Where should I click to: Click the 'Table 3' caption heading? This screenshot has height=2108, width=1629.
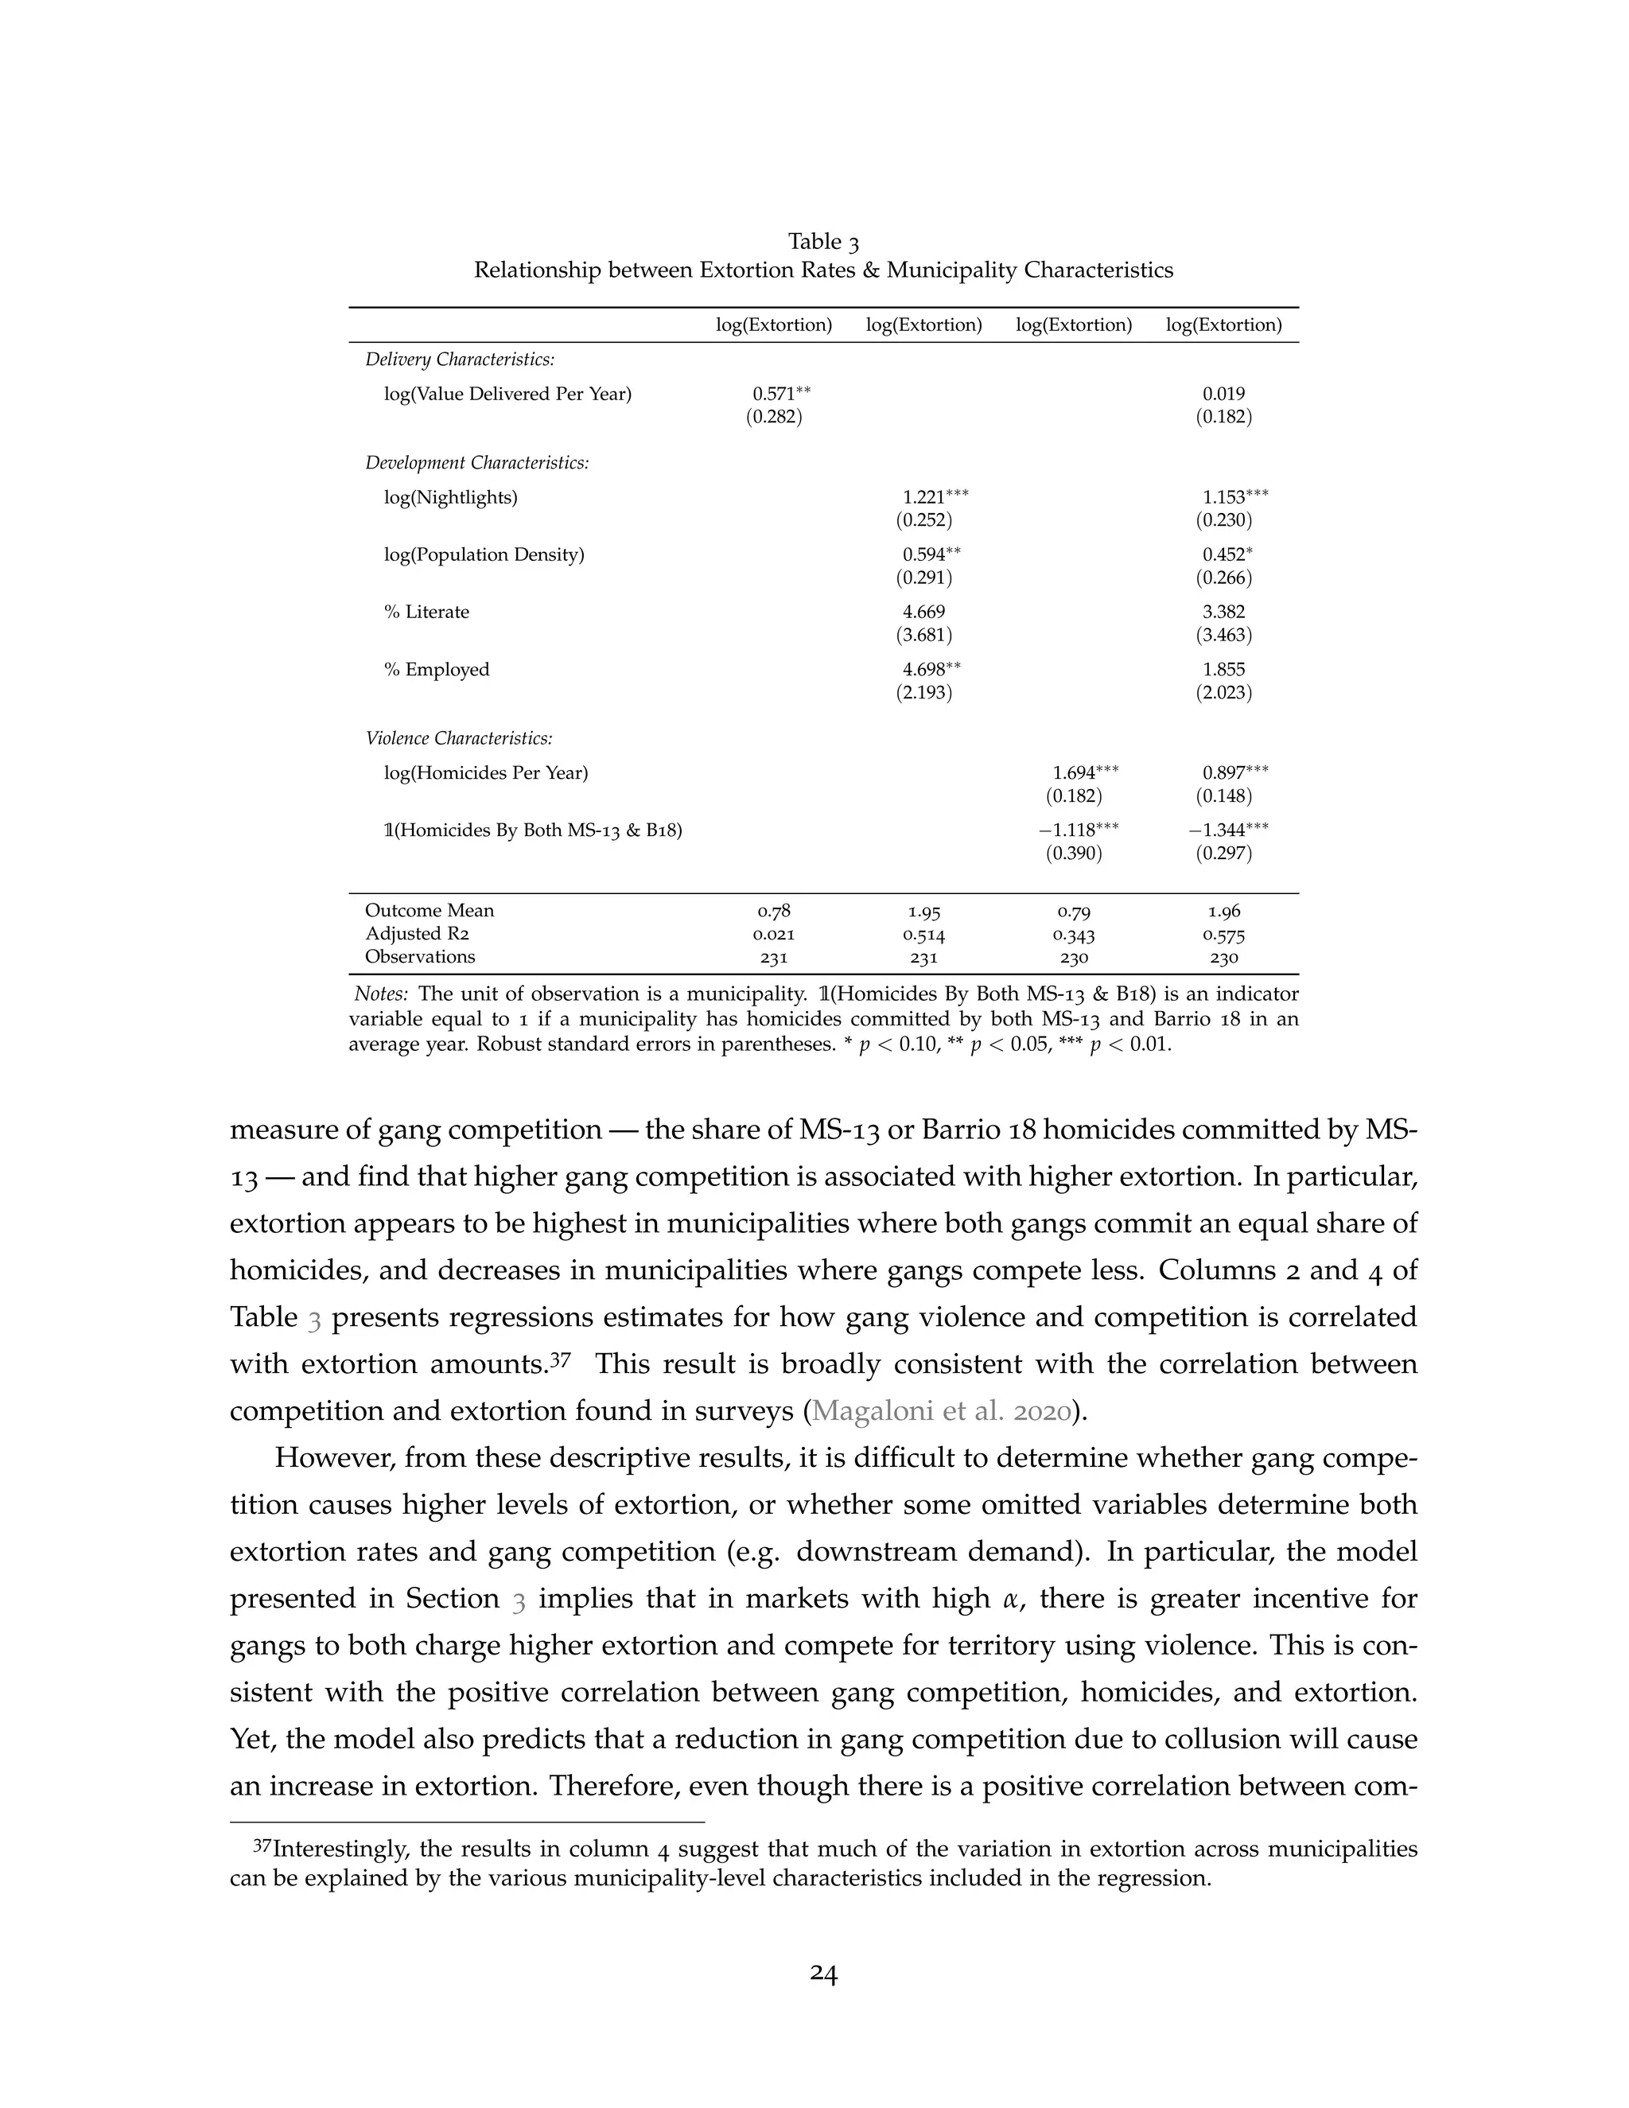point(822,241)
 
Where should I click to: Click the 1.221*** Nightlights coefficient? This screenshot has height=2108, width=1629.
point(934,497)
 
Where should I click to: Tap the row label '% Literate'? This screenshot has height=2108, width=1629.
point(426,612)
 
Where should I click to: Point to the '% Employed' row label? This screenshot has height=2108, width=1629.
point(436,670)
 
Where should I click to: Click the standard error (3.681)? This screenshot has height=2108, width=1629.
point(923,635)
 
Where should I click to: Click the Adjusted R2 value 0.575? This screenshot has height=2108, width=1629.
point(1223,935)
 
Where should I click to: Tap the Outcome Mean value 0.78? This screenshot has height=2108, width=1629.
point(774,911)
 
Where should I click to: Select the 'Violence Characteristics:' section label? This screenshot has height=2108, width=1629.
point(458,738)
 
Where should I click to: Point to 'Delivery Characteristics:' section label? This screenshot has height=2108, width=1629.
point(460,359)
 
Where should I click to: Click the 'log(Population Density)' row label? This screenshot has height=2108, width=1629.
point(484,555)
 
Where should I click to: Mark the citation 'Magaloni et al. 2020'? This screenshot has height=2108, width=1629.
point(941,1411)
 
